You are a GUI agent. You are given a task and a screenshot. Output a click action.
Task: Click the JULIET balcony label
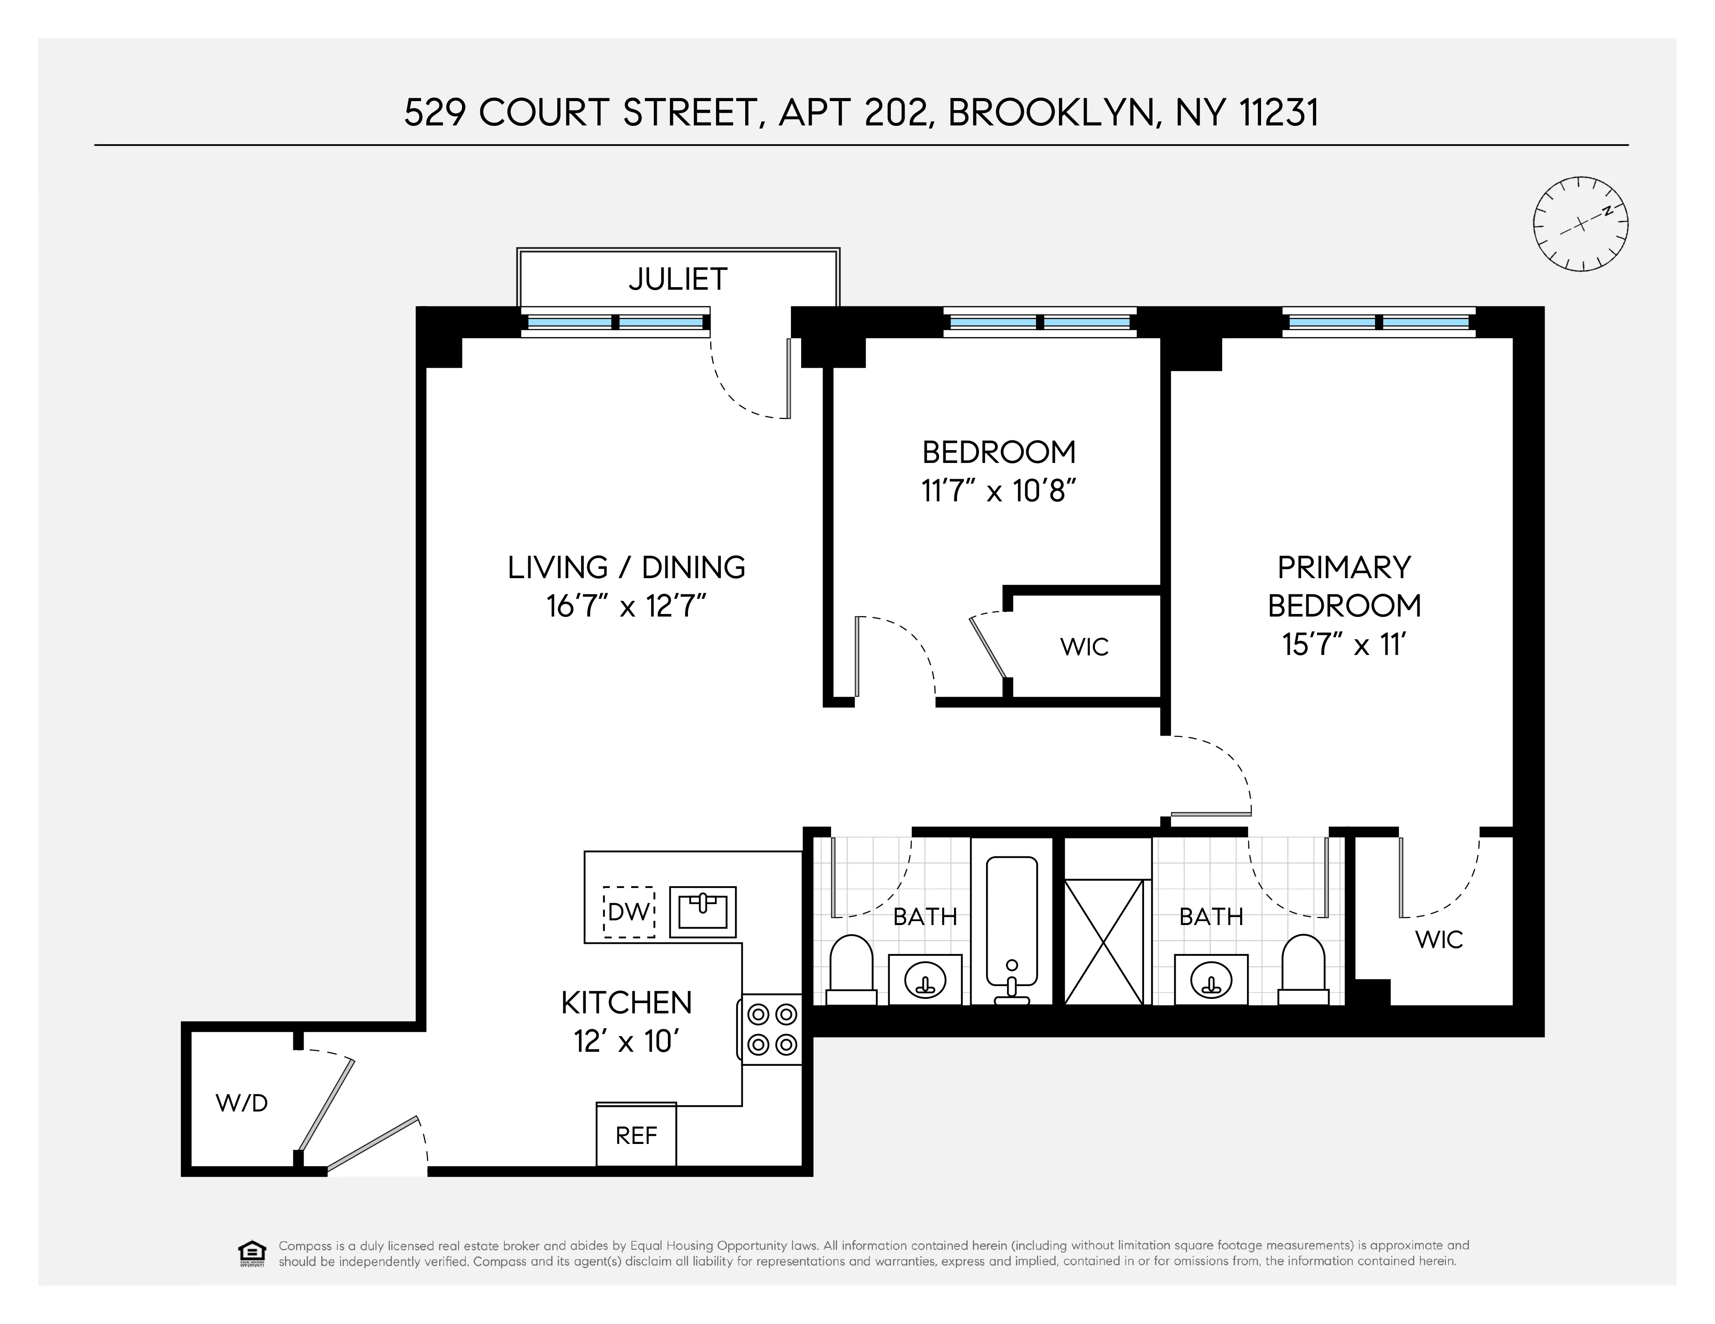point(678,279)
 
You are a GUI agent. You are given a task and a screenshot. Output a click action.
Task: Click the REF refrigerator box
point(636,1135)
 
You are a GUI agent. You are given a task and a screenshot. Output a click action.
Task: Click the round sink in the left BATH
point(925,980)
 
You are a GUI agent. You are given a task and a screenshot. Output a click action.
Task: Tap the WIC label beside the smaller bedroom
point(1084,647)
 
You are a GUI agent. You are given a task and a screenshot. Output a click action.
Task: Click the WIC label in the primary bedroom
point(1440,940)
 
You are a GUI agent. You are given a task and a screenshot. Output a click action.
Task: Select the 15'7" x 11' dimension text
point(1343,645)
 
